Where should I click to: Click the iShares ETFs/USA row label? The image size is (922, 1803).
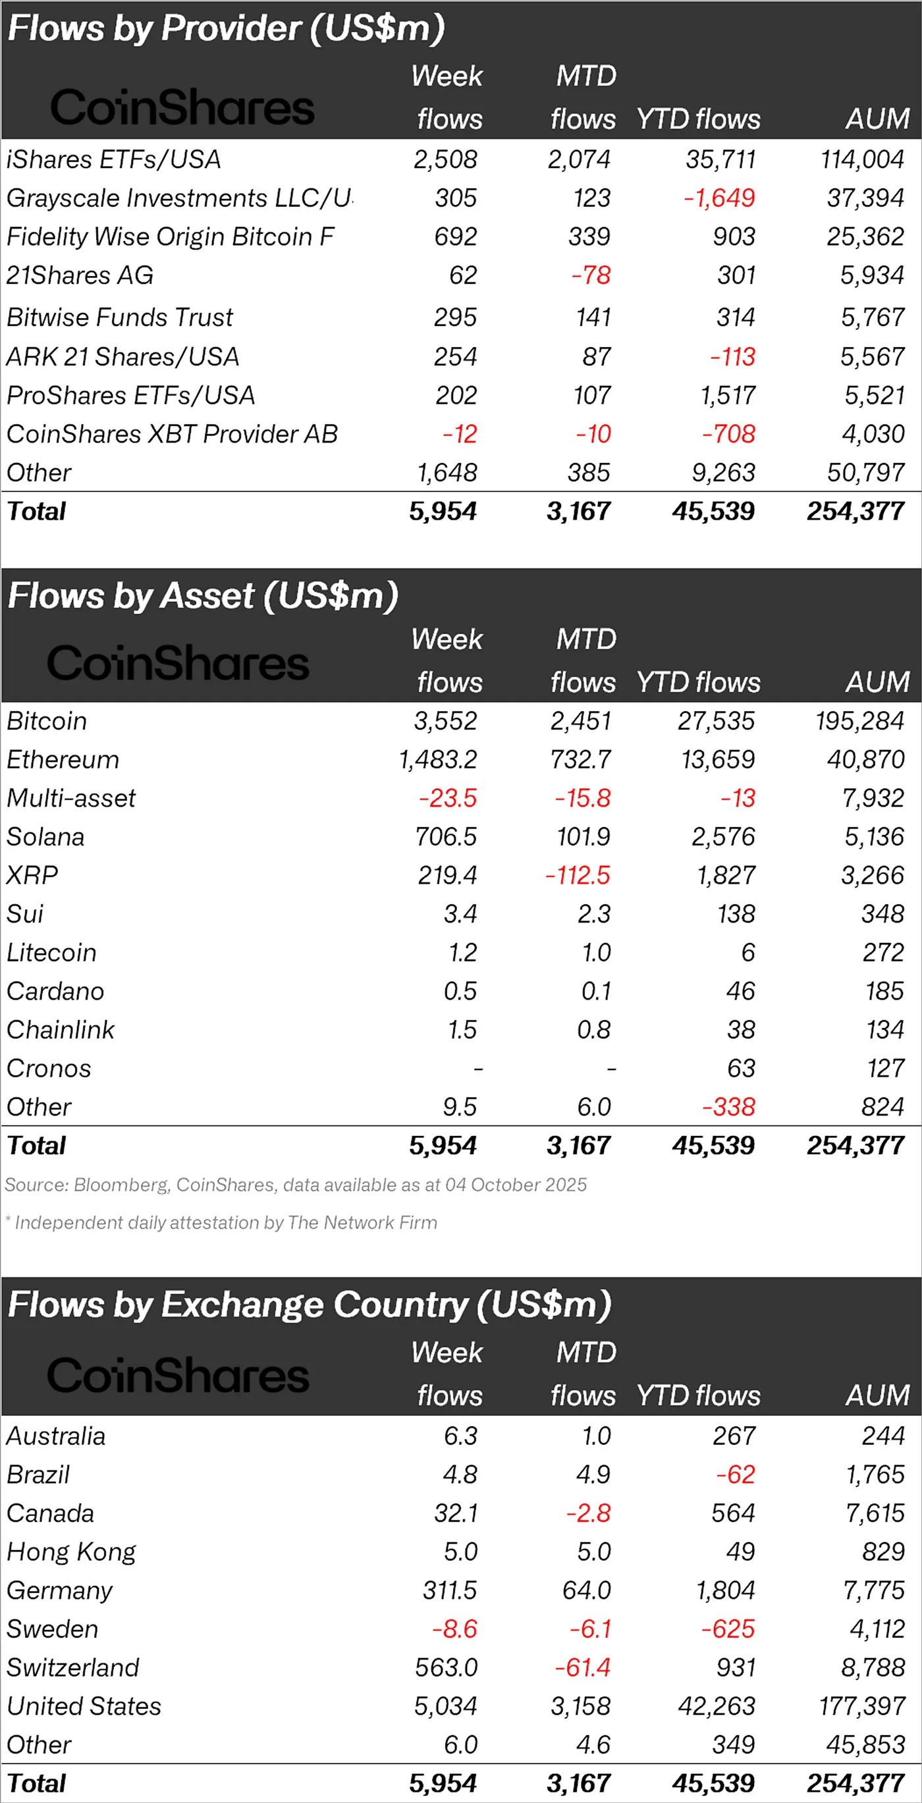[x=113, y=159]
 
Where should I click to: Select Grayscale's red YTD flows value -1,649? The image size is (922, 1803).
[x=720, y=198]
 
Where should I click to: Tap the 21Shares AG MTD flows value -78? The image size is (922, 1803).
[x=591, y=275]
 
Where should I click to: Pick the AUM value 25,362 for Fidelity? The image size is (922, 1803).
[x=865, y=236]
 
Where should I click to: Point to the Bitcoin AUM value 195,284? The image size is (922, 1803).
[x=859, y=721]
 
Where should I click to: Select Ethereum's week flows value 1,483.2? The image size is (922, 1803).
[x=437, y=759]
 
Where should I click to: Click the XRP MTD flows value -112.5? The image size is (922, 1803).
[x=578, y=875]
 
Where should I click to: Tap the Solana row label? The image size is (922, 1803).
[x=45, y=836]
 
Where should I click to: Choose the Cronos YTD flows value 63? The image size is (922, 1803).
[x=741, y=1068]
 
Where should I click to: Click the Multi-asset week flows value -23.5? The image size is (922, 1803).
[x=447, y=798]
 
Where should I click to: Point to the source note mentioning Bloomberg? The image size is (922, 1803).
[x=296, y=1185]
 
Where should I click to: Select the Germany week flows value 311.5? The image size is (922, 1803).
[x=449, y=1590]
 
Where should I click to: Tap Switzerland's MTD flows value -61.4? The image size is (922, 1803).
[x=582, y=1667]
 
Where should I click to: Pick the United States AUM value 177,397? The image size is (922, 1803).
[x=862, y=1706]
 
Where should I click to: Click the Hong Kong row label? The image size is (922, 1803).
[x=71, y=1551]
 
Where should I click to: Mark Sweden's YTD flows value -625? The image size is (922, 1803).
[x=728, y=1628]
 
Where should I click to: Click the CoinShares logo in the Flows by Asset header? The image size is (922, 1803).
[x=178, y=664]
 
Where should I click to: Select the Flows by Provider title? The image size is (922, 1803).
[x=226, y=29]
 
